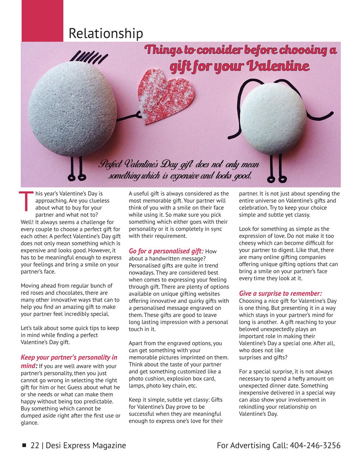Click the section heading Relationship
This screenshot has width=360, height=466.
click(105, 33)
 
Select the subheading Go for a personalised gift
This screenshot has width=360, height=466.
click(166, 251)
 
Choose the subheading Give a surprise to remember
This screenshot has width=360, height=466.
click(280, 293)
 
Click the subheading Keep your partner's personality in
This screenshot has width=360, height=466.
click(69, 357)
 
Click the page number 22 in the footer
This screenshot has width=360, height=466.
click(35, 446)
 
